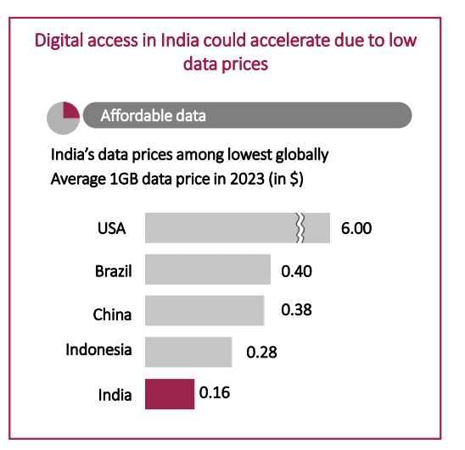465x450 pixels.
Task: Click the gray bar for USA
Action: (x=221, y=229)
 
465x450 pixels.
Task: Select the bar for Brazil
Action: (x=208, y=269)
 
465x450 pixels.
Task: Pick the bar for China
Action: (x=204, y=310)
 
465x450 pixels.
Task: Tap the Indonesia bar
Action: (x=188, y=351)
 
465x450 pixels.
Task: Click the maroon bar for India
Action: (x=170, y=393)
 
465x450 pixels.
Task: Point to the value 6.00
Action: (x=356, y=229)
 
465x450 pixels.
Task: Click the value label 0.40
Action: (x=297, y=271)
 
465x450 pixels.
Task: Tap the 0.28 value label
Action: (x=261, y=352)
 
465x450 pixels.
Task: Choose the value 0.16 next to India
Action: (x=215, y=392)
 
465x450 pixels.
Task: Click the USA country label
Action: (x=111, y=229)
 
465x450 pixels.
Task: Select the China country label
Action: (x=112, y=314)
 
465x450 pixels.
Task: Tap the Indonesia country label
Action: (x=99, y=349)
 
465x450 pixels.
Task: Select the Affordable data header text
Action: (x=153, y=115)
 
